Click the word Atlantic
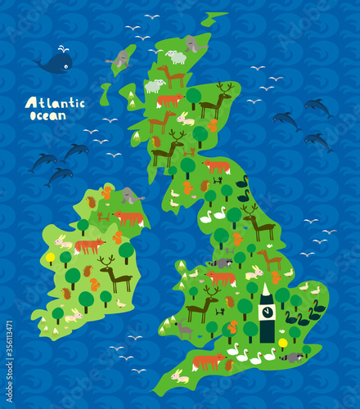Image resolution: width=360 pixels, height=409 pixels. (x=54, y=102)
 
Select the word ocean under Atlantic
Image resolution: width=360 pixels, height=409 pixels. (x=43, y=115)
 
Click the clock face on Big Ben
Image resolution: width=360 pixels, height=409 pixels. (x=267, y=312)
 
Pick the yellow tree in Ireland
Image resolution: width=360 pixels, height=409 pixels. (x=50, y=258)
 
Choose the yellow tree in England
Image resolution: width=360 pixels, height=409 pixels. (x=283, y=344)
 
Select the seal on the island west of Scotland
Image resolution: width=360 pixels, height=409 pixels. (x=122, y=59)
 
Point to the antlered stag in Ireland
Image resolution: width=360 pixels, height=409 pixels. (x=115, y=273)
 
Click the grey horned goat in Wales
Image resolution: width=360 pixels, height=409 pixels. (x=184, y=330)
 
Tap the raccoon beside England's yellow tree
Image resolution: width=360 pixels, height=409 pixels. (x=292, y=357)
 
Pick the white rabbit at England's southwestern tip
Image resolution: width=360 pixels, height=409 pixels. (x=178, y=376)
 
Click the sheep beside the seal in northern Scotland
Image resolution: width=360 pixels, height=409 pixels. (x=175, y=57)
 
